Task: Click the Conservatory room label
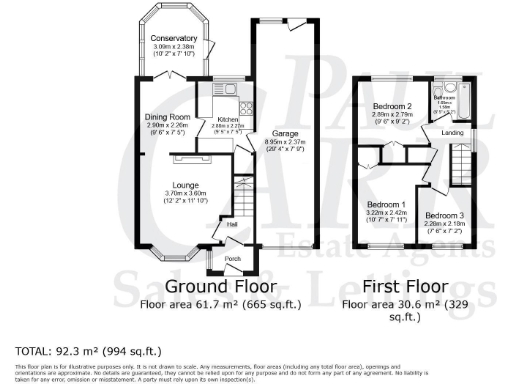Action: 168,39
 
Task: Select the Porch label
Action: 232,258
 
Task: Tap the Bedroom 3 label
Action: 439,216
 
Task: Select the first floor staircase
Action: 461,159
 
